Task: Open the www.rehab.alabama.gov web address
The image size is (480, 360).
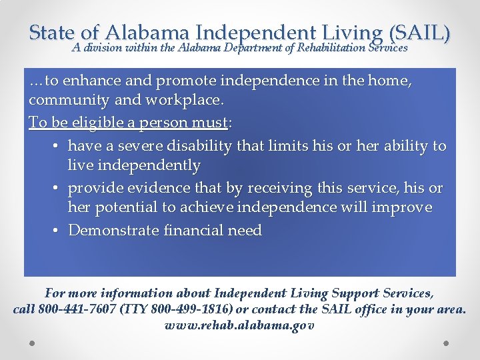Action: coord(239,326)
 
